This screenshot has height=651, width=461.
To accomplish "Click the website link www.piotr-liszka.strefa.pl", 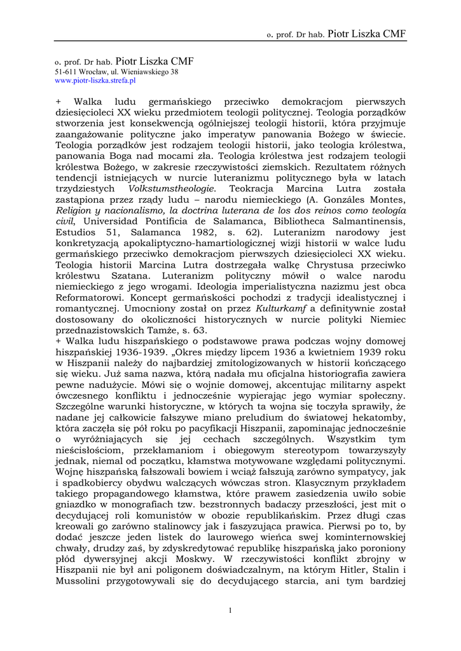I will (95, 81).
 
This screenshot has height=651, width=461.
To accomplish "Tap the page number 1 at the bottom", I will (230, 610).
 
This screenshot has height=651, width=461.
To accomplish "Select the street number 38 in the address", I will (174, 72).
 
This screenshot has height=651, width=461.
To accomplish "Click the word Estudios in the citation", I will (76, 232).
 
